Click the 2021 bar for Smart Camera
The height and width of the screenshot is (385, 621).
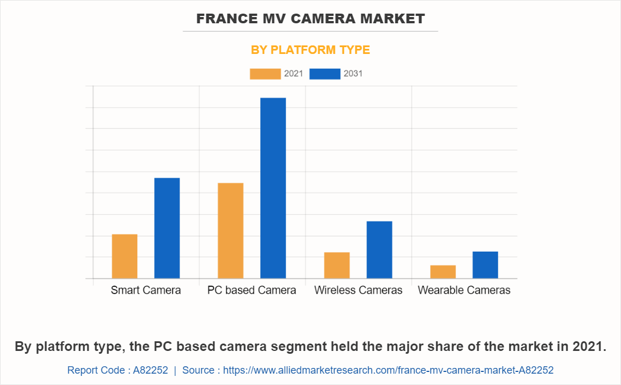(125, 256)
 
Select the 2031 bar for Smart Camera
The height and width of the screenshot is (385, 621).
(167, 228)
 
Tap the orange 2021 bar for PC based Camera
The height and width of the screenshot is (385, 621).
(231, 231)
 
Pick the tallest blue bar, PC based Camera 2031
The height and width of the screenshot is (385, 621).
(273, 188)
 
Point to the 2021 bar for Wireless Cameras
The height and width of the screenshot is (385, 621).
(337, 265)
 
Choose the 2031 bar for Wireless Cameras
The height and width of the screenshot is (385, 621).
(379, 250)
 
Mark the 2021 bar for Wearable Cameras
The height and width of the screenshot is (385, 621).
(443, 271)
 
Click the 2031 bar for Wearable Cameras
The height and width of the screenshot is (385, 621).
(485, 265)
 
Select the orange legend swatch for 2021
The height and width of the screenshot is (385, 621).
(265, 74)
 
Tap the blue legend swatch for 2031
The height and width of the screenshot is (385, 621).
(325, 74)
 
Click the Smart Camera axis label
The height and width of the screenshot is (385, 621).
(146, 290)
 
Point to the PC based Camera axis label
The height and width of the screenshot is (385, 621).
(252, 290)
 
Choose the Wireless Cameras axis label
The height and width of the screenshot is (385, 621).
(358, 290)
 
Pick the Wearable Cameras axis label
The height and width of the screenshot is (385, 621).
(464, 290)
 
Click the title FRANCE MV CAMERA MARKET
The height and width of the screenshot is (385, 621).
(310, 19)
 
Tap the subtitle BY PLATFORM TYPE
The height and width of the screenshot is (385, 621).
(310, 50)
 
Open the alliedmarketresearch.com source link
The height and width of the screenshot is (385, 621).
(388, 370)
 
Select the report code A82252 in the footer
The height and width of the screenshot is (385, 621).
(150, 370)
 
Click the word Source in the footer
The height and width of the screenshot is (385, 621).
(198, 370)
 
